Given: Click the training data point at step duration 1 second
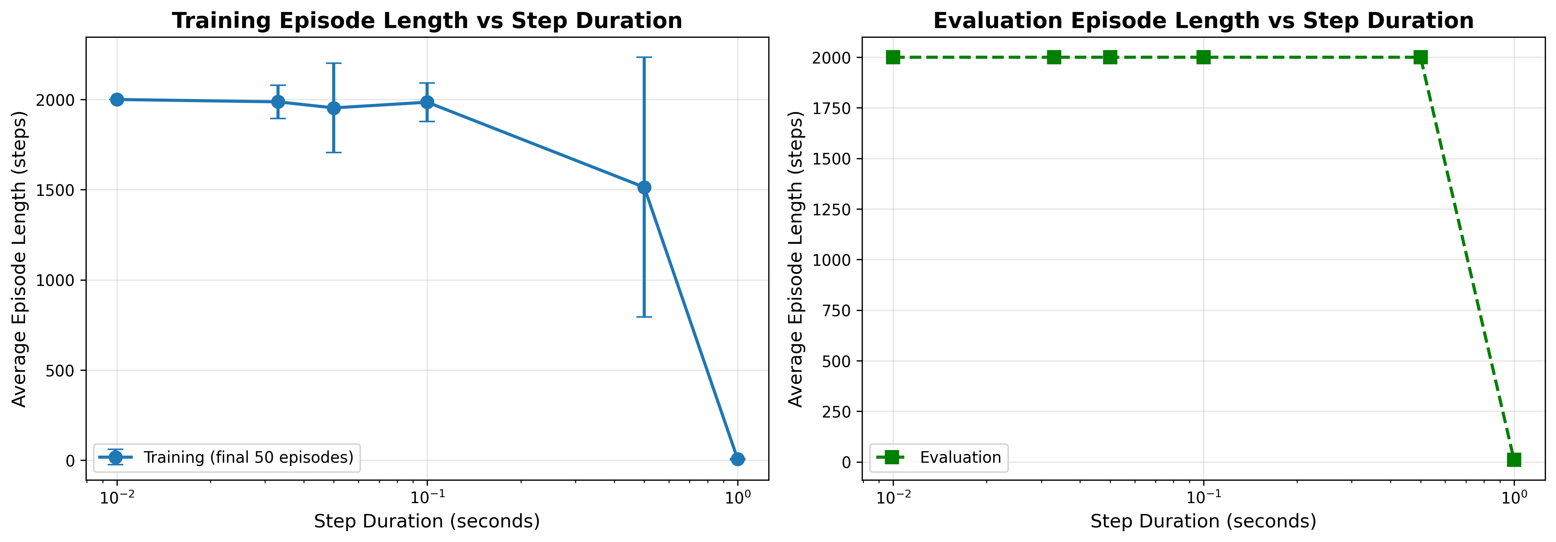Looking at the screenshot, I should click(737, 459).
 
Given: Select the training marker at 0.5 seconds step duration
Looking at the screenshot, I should click(644, 187).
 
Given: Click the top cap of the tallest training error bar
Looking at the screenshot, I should click(644, 58).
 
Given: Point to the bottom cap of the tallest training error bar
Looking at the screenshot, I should click(644, 317).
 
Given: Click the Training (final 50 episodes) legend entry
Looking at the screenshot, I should click(248, 458).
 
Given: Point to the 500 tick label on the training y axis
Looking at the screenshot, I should click(61, 370).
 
